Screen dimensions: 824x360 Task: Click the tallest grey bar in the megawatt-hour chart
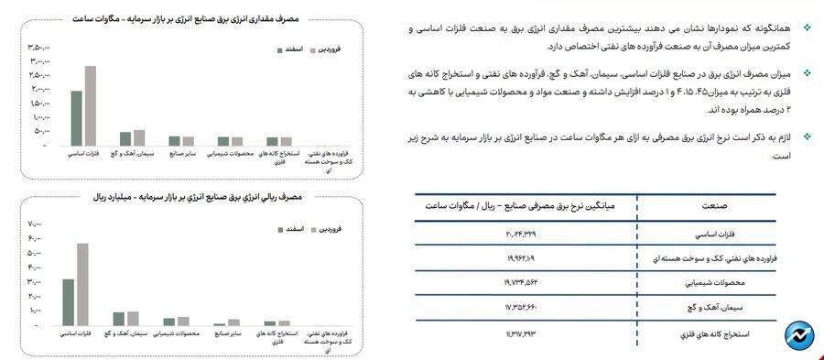90,105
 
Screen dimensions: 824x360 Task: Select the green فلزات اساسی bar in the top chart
77,118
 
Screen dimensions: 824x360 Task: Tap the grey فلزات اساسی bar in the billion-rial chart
82,284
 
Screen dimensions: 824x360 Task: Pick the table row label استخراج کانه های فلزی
710,333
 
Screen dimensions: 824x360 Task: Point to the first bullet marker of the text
806,31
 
